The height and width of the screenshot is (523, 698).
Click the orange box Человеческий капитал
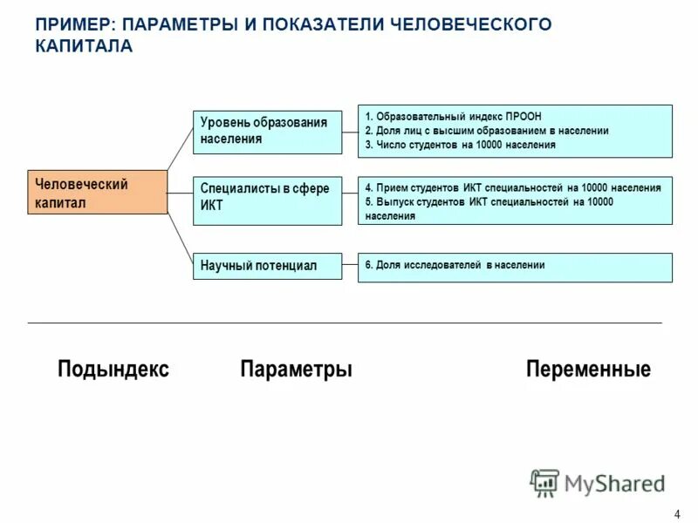[97, 193]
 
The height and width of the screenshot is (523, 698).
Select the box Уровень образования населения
[267, 131]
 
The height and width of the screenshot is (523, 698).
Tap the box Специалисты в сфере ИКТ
[267, 200]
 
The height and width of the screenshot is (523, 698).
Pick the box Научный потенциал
[267, 266]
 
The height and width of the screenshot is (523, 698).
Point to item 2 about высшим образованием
[487, 131]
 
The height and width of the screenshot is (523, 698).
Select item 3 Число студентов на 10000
[461, 145]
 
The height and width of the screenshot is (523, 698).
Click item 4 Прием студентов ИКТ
[513, 187]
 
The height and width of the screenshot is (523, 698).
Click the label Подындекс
[113, 370]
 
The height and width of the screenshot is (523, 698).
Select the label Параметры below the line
[296, 370]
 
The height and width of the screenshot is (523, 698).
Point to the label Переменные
[588, 370]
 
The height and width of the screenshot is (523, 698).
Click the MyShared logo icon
[544, 483]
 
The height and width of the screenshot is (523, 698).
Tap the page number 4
[678, 513]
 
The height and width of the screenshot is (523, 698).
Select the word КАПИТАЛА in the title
[85, 46]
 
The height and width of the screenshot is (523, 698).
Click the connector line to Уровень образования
[180, 148]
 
